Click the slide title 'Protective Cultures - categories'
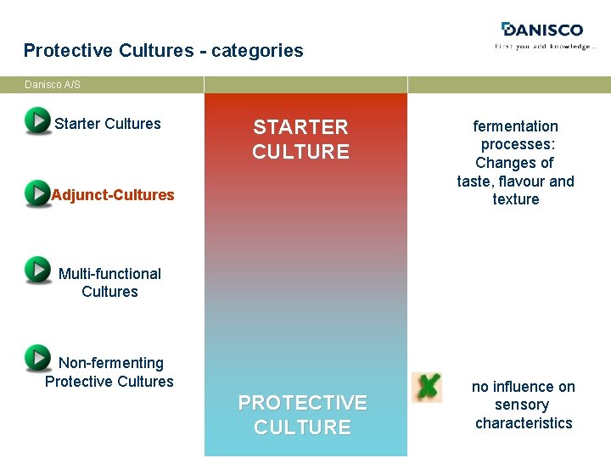click(163, 50)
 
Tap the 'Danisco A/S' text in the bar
click(53, 85)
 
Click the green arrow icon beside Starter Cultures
click(37, 121)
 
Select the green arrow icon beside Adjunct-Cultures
click(37, 193)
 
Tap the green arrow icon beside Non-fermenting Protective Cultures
click(37, 358)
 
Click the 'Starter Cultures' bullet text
click(107, 124)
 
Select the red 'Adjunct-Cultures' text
click(112, 195)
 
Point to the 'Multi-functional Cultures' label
click(109, 282)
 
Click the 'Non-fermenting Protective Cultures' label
click(109, 372)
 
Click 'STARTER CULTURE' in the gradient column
click(300, 139)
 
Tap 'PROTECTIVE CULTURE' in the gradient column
click(302, 415)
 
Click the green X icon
click(427, 387)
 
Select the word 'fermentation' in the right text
click(515, 126)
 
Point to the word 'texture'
click(515, 199)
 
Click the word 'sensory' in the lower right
click(522, 405)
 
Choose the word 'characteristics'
click(524, 423)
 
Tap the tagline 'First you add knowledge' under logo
click(545, 47)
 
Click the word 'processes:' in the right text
click(518, 144)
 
